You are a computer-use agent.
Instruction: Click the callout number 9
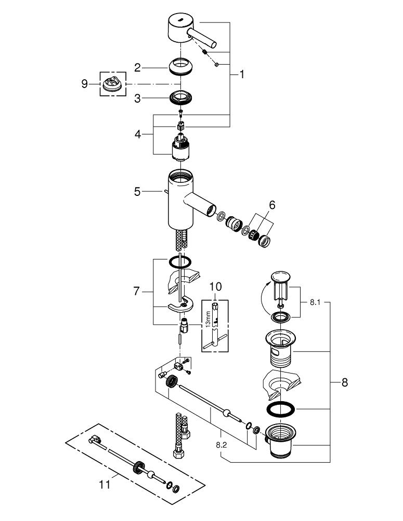click(x=85, y=84)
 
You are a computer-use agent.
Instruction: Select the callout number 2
click(x=137, y=68)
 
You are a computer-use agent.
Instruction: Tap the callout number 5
click(x=137, y=192)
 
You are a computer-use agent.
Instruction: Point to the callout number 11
click(x=105, y=485)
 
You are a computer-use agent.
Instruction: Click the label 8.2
click(x=221, y=445)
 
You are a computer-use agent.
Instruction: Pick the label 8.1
click(x=315, y=302)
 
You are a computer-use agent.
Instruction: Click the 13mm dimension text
click(x=208, y=319)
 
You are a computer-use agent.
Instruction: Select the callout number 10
click(x=216, y=287)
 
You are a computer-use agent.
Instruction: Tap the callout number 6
click(x=272, y=205)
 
